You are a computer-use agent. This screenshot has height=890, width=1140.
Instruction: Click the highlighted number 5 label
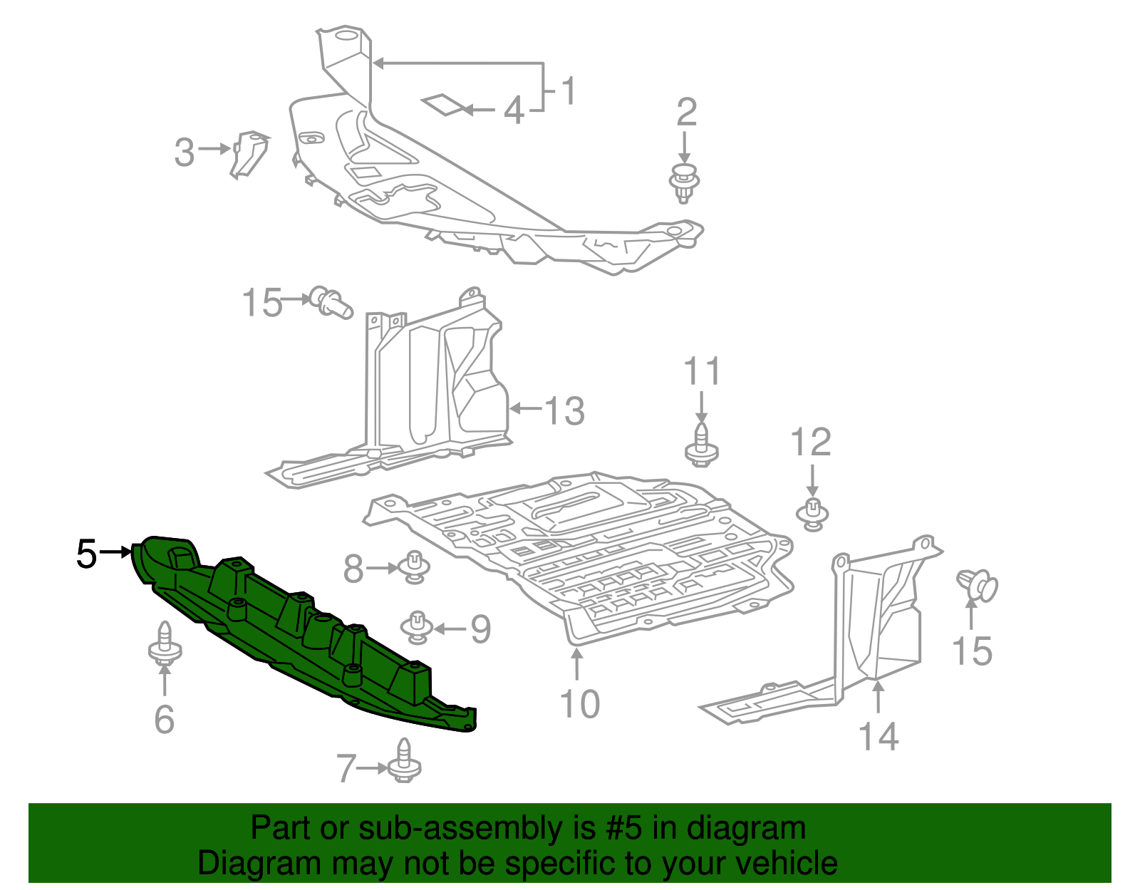(x=86, y=554)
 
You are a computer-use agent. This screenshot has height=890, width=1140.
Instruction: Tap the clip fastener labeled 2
(x=684, y=182)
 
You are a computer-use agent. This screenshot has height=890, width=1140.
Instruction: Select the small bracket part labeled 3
(x=249, y=152)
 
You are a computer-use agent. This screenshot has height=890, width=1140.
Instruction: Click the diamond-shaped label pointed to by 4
(x=443, y=105)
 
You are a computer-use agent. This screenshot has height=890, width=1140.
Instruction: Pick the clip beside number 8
(x=414, y=567)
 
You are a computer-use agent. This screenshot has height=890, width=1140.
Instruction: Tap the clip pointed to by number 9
(x=417, y=626)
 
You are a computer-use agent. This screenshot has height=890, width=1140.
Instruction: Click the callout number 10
(x=580, y=704)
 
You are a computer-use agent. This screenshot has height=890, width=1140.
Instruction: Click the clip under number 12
(x=812, y=514)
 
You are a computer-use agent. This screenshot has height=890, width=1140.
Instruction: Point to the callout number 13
(x=565, y=411)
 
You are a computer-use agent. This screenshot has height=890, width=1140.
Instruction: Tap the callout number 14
(x=878, y=735)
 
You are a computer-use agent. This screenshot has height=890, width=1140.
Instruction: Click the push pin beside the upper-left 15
(x=331, y=303)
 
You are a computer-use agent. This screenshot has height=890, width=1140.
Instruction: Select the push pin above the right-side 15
(x=978, y=585)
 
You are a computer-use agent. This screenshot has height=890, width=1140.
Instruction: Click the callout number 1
(x=568, y=91)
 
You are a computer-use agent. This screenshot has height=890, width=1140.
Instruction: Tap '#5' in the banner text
(x=624, y=829)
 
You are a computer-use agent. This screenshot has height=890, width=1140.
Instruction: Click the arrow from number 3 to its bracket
(x=214, y=149)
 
